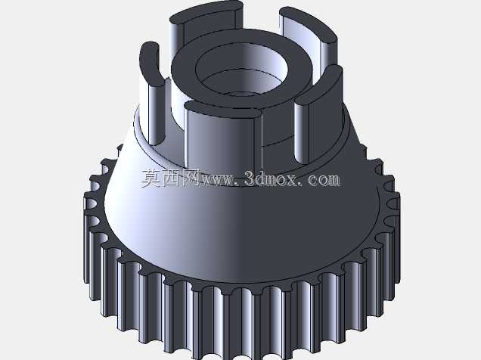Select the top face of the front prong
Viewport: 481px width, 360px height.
[223, 110]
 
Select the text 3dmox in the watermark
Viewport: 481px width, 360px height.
[271, 178]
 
